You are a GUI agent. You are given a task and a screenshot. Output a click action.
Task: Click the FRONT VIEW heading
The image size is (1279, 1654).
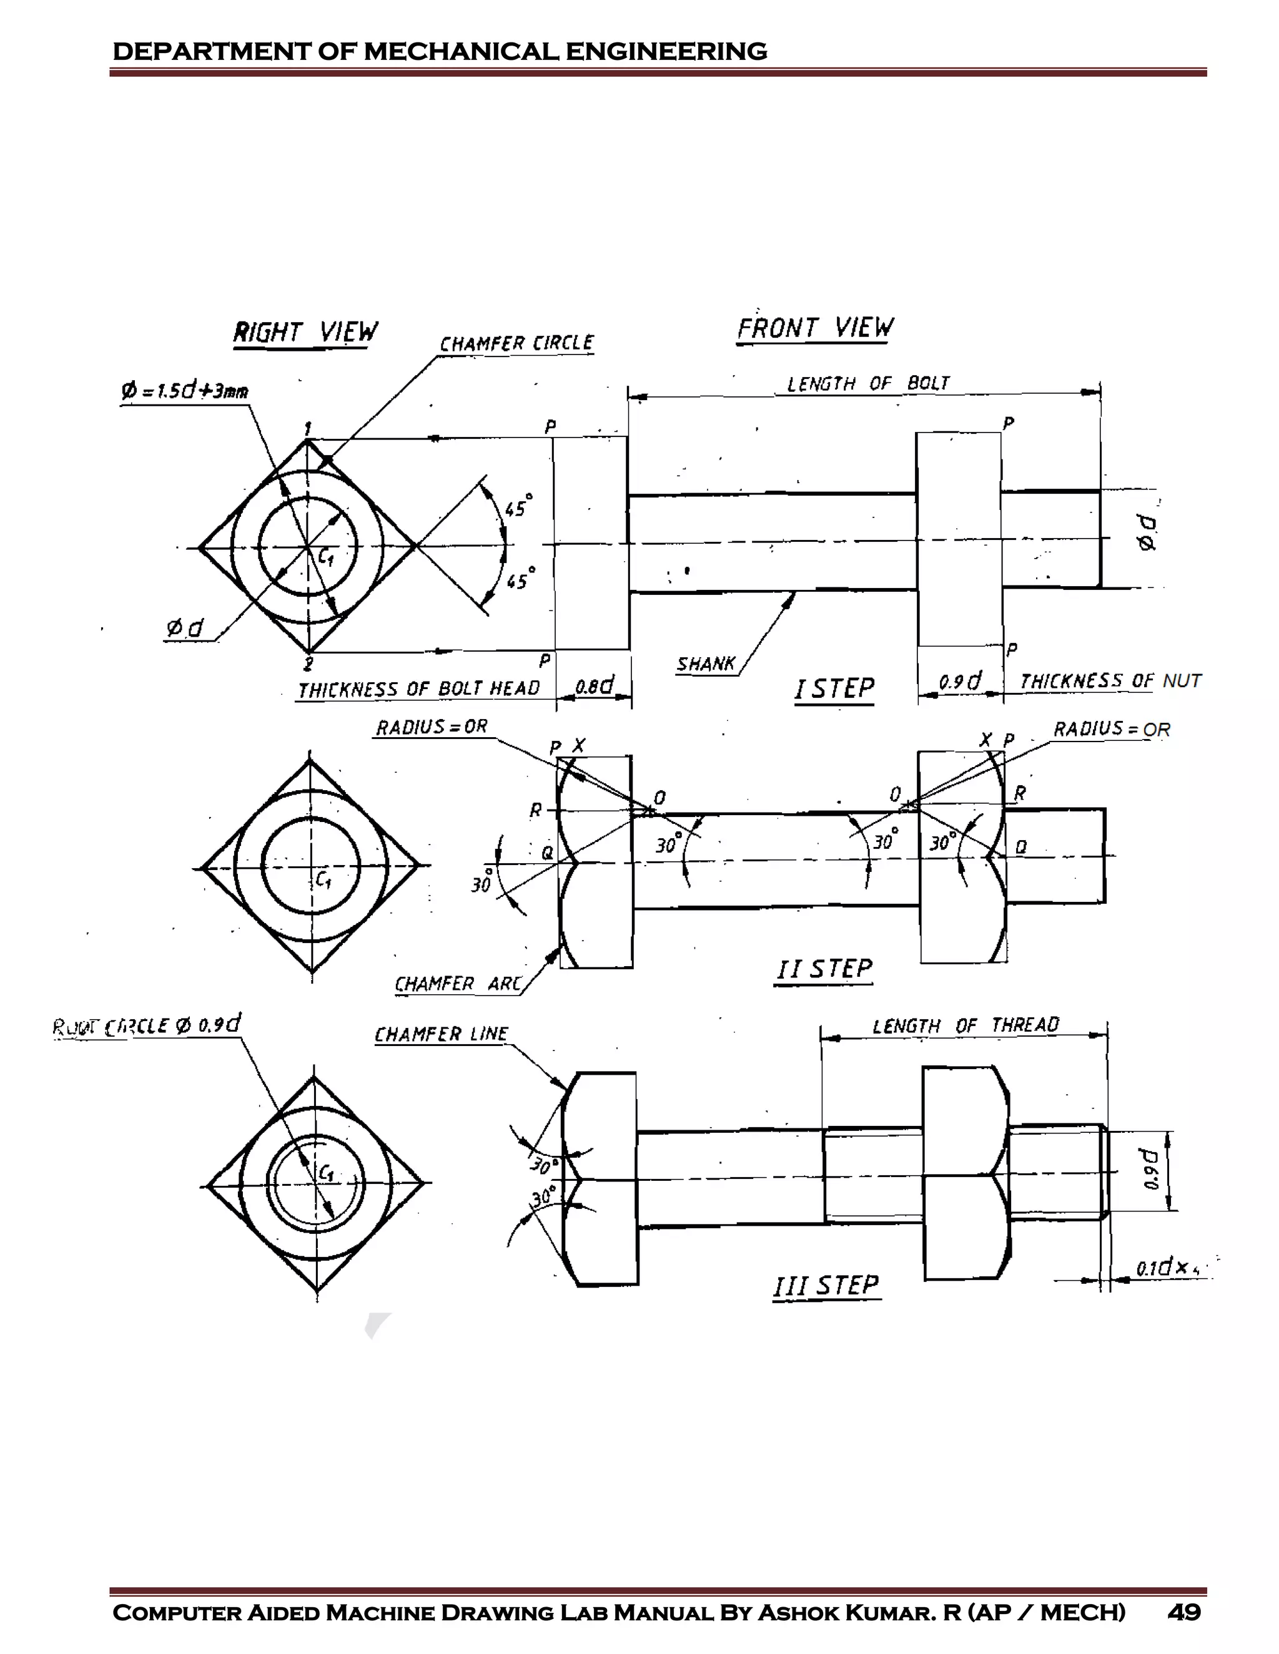[x=814, y=328]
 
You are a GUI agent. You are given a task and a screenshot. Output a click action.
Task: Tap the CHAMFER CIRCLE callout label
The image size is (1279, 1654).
[x=516, y=343]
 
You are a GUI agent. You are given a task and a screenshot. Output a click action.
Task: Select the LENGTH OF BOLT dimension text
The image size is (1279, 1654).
[x=867, y=383]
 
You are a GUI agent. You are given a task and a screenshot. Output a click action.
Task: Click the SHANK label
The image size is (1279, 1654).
[x=706, y=664]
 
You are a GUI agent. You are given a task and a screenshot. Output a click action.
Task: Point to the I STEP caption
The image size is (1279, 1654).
[x=834, y=688]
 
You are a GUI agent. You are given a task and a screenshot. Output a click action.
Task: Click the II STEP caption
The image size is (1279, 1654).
[x=824, y=969]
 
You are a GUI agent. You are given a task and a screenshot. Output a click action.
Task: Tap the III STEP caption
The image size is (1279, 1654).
[x=826, y=1285]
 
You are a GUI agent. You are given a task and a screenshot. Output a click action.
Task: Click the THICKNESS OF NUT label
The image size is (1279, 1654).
[x=1110, y=681]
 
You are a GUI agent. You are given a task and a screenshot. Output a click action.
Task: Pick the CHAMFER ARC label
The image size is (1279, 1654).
[x=458, y=984]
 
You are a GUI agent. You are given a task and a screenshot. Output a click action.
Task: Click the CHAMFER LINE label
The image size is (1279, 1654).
[x=442, y=1034]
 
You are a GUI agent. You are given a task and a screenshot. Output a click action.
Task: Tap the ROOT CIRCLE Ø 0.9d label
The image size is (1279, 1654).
[x=147, y=1025]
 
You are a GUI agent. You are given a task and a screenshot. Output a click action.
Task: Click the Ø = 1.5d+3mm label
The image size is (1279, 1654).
[x=185, y=391]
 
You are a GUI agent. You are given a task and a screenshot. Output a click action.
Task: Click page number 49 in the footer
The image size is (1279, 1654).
[x=1183, y=1612]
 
